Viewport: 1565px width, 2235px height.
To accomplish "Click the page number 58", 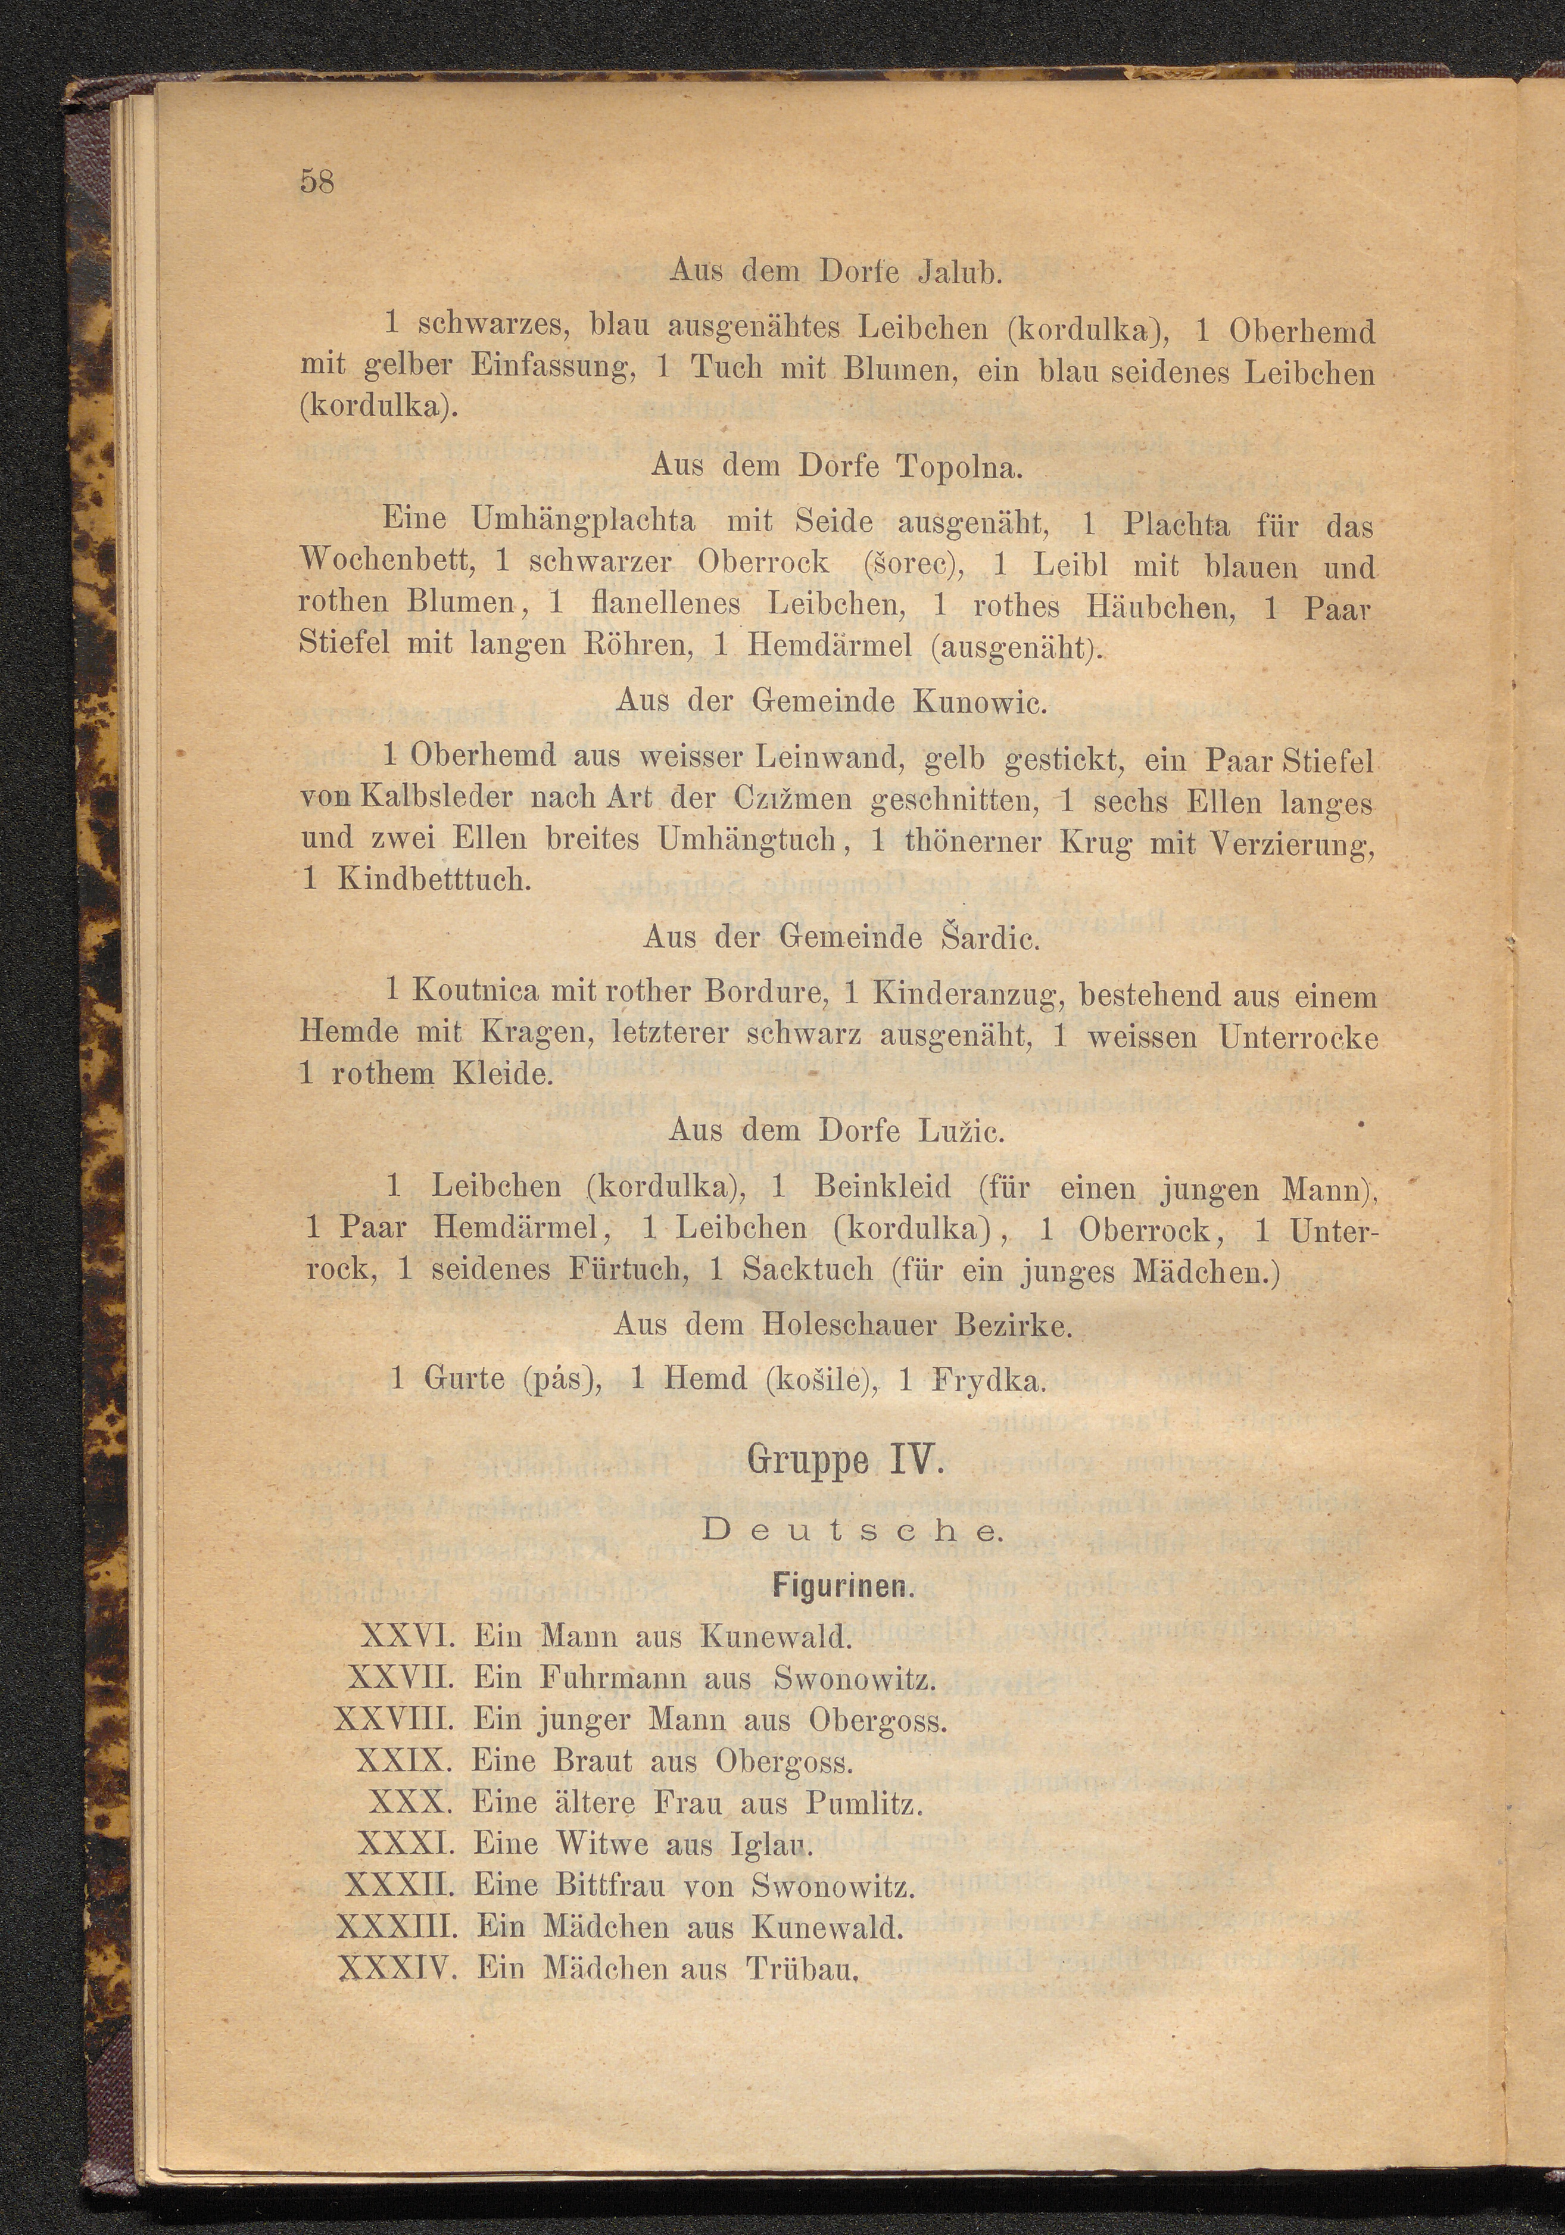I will tap(318, 182).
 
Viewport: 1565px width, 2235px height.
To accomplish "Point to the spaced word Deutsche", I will tap(850, 1530).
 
